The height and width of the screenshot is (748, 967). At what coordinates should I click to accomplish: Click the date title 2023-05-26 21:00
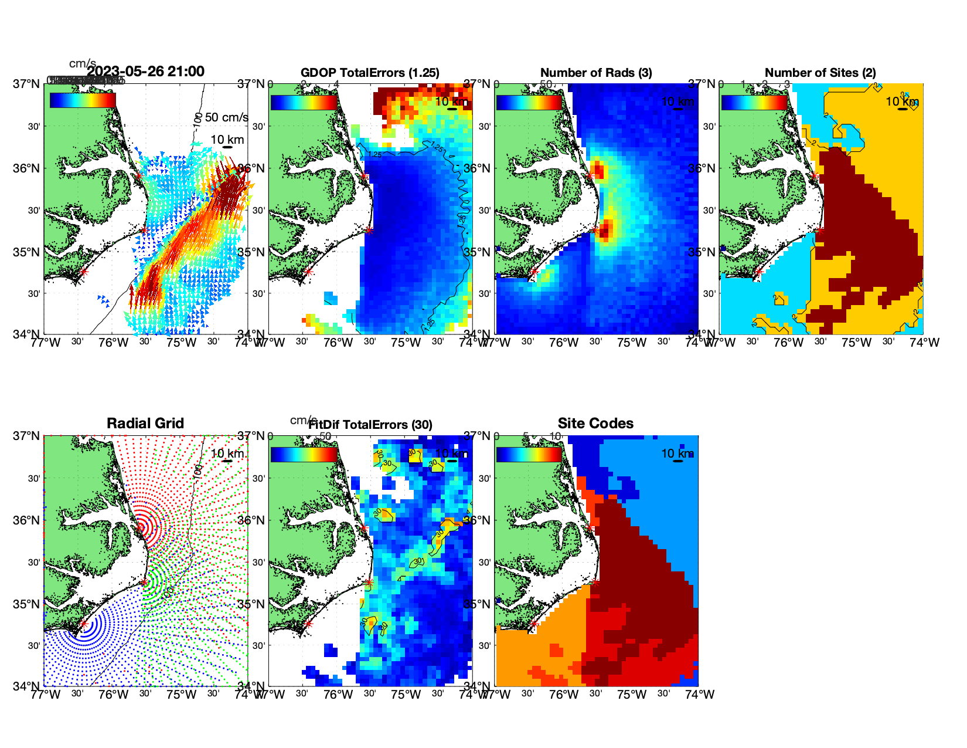tap(145, 72)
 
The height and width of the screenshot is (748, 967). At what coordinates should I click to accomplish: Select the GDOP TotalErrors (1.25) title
tap(370, 73)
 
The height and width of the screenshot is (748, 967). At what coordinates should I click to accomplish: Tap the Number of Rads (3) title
tap(596, 73)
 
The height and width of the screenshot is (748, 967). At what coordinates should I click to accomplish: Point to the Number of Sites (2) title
tap(820, 73)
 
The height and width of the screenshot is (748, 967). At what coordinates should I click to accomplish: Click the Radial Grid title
tap(145, 424)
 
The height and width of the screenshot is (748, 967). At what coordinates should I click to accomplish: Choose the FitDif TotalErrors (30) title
tap(370, 425)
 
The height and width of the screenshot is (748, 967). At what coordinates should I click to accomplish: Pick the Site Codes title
tap(595, 424)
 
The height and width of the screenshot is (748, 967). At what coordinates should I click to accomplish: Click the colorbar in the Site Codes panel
tap(529, 455)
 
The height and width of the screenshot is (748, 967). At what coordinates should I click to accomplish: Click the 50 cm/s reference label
tap(226, 118)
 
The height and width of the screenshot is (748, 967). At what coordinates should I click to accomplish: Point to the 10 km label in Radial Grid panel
tap(227, 453)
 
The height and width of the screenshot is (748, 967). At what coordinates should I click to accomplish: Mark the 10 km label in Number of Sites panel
tap(902, 101)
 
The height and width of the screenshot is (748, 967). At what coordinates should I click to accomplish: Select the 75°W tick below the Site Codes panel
tap(632, 695)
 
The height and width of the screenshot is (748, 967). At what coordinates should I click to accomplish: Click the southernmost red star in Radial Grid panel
tap(83, 624)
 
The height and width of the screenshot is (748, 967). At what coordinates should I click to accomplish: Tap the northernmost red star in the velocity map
tap(139, 175)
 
